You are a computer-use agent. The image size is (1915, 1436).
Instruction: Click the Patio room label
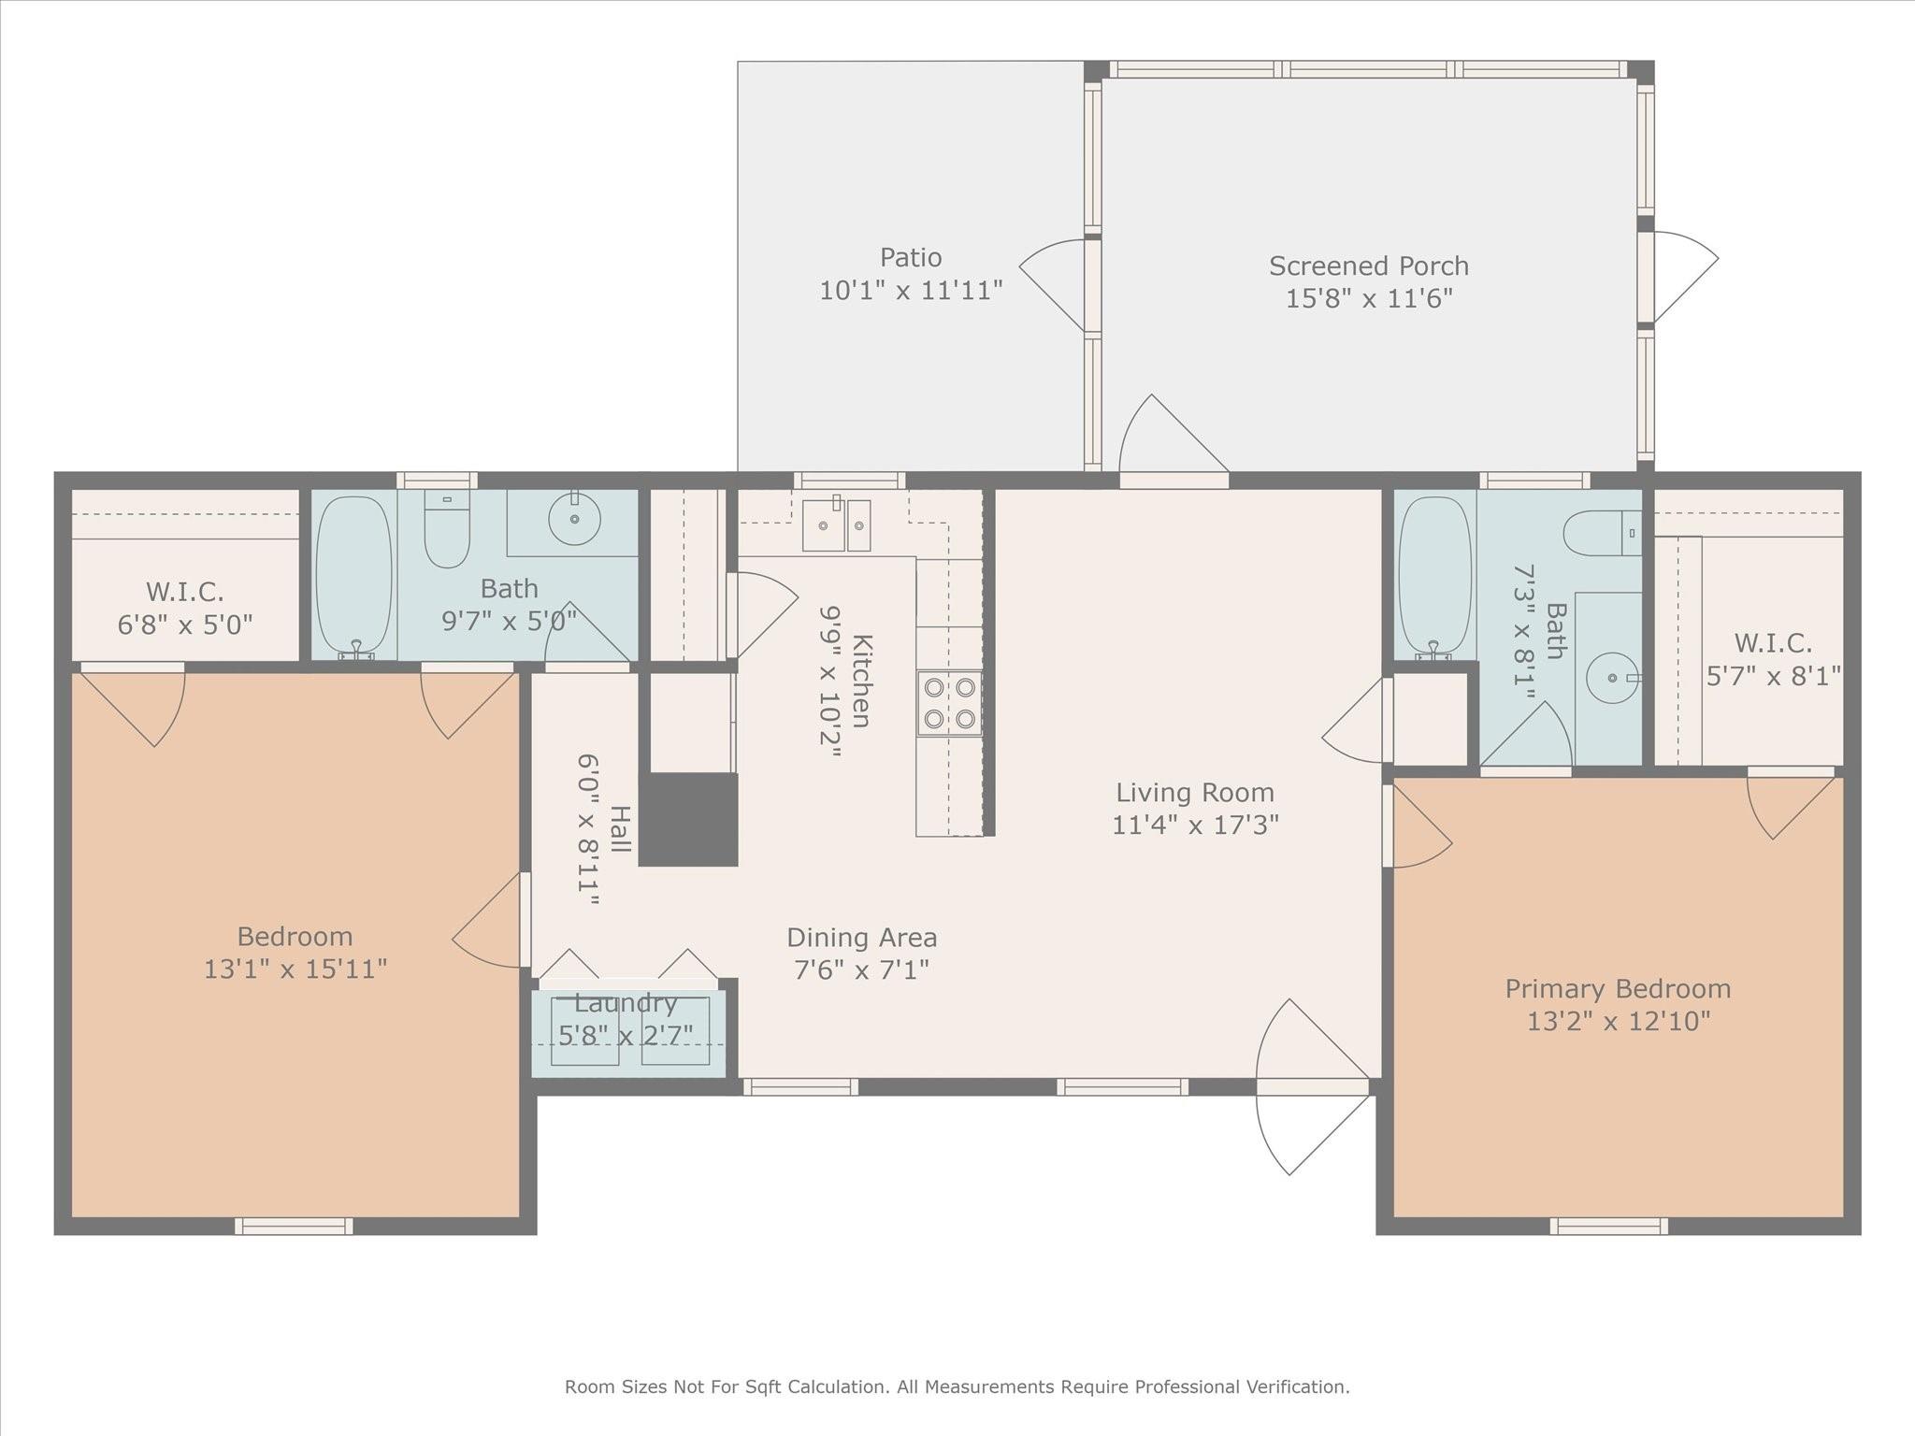(x=910, y=257)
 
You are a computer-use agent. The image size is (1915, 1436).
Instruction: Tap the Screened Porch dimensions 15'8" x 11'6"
(x=1368, y=299)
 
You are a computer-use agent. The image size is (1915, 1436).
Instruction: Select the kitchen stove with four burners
(x=949, y=703)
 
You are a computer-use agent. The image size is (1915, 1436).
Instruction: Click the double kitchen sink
(x=836, y=525)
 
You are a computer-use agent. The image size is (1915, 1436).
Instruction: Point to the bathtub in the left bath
(x=353, y=574)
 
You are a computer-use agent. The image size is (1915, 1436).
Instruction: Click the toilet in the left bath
(x=447, y=529)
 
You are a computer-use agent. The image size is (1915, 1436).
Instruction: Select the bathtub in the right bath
(x=1433, y=574)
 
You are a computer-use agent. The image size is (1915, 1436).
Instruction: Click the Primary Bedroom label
(x=1618, y=988)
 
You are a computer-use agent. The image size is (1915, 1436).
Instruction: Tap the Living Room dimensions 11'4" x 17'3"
(x=1195, y=825)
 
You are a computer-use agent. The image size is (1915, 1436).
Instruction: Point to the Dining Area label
(x=861, y=937)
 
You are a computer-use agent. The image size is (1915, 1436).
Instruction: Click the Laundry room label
(x=626, y=1003)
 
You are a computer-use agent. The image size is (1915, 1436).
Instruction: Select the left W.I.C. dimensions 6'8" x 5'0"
(x=185, y=625)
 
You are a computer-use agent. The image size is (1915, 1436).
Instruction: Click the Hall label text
(x=619, y=828)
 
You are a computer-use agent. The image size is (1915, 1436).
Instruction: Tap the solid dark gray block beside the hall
(x=689, y=819)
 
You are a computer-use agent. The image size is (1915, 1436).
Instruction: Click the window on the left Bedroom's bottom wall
(x=294, y=1226)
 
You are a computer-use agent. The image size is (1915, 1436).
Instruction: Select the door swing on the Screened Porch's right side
(x=1683, y=276)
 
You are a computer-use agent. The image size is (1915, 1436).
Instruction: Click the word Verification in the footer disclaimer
(x=1298, y=1386)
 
